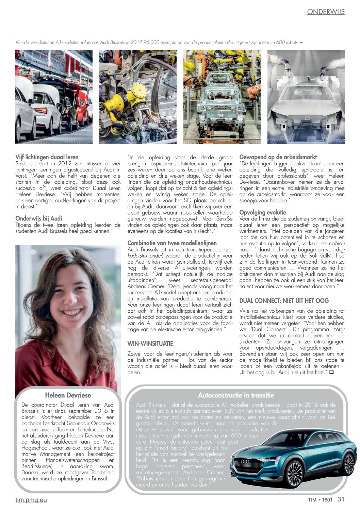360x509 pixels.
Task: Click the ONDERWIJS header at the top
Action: point(326,12)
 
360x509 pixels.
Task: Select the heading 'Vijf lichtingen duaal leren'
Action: point(47,157)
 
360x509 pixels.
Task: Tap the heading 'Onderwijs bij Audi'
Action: point(39,218)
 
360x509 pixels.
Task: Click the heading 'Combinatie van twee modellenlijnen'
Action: point(172,243)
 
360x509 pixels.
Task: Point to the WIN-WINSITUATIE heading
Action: point(150,344)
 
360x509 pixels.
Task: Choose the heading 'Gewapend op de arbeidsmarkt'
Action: point(278,157)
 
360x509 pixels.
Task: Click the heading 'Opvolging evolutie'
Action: point(263,212)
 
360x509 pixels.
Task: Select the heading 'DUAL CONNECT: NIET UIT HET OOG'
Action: point(284,301)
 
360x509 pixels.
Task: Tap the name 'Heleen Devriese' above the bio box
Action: point(68,395)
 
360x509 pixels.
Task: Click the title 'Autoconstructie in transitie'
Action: point(236,395)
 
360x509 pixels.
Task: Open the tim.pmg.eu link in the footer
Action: point(31,500)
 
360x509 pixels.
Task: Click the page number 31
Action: point(341,499)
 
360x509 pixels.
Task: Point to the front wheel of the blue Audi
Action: point(295,474)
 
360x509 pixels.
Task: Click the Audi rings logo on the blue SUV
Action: point(245,461)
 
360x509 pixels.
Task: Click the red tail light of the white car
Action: point(41,111)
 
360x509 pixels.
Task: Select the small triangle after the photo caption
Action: point(301,43)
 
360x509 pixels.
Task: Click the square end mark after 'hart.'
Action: point(331,372)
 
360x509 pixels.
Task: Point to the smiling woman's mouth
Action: point(72,312)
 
